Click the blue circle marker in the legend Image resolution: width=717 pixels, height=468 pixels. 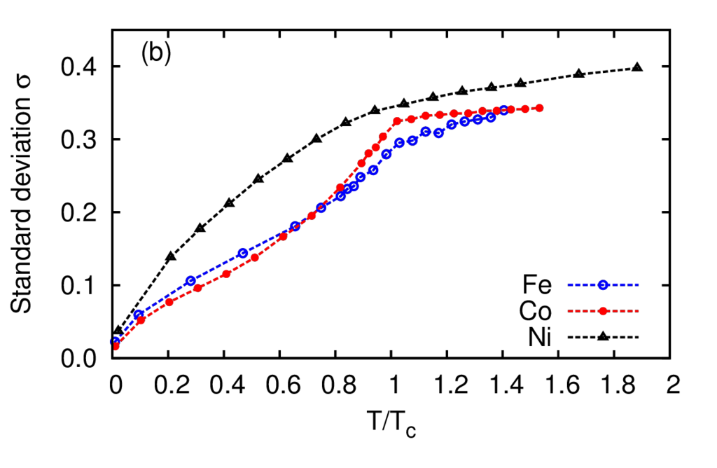(x=603, y=285)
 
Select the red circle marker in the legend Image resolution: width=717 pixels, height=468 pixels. (x=603, y=311)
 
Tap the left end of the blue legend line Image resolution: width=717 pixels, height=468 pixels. (x=569, y=285)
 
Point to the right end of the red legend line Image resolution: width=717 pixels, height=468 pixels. (x=639, y=311)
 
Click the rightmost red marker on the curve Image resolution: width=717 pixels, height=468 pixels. (x=539, y=108)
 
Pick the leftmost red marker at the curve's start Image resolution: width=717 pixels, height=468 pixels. (x=116, y=346)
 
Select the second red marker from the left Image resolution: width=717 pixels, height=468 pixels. (x=141, y=321)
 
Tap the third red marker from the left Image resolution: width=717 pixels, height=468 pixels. (x=169, y=303)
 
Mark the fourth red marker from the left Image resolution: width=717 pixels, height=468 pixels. (x=198, y=287)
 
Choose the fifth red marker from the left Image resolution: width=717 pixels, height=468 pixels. (x=226, y=273)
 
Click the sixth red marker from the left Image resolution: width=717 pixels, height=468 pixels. (x=256, y=257)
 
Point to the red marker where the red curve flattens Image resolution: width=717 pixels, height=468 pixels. (x=397, y=122)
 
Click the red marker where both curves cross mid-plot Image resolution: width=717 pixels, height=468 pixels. (x=312, y=215)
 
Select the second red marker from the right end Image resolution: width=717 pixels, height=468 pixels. (x=525, y=109)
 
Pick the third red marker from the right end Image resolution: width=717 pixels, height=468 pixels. (x=511, y=109)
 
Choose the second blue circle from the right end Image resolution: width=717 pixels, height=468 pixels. (x=491, y=117)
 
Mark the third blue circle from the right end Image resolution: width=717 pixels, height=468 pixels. (x=478, y=120)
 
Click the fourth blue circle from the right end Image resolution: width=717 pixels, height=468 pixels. (x=464, y=122)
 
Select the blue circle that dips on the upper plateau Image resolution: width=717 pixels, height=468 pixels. (x=439, y=134)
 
